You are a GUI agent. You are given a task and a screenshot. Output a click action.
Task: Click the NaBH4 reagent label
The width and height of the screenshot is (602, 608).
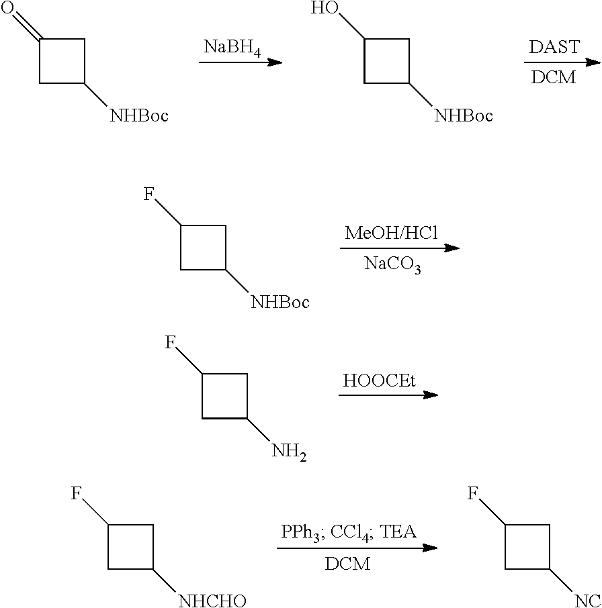232,49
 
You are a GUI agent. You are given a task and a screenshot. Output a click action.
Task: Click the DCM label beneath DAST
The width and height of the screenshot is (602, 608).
554,78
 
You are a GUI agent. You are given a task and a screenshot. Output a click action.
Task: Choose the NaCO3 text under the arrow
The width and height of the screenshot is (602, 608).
393,264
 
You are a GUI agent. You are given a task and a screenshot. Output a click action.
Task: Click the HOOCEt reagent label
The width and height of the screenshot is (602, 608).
380,381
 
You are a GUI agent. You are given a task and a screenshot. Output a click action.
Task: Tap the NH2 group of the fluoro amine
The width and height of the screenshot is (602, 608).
289,450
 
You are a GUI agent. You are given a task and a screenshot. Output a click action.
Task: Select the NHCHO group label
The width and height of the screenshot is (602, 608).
212,600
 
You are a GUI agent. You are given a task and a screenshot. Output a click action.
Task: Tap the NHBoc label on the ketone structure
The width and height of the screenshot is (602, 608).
139,116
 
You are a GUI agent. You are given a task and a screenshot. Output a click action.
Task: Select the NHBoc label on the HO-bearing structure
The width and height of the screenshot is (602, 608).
464,116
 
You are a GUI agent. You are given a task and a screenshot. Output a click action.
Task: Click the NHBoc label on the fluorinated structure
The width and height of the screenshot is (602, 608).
280,303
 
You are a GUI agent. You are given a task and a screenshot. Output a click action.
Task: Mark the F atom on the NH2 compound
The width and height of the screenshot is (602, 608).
171,344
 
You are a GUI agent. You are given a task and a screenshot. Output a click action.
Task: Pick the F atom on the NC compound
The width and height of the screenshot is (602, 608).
472,495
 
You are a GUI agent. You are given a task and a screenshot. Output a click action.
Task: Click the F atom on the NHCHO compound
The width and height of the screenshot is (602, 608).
77,495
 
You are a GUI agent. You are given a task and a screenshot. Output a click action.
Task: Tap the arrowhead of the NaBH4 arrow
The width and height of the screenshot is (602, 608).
275,62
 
